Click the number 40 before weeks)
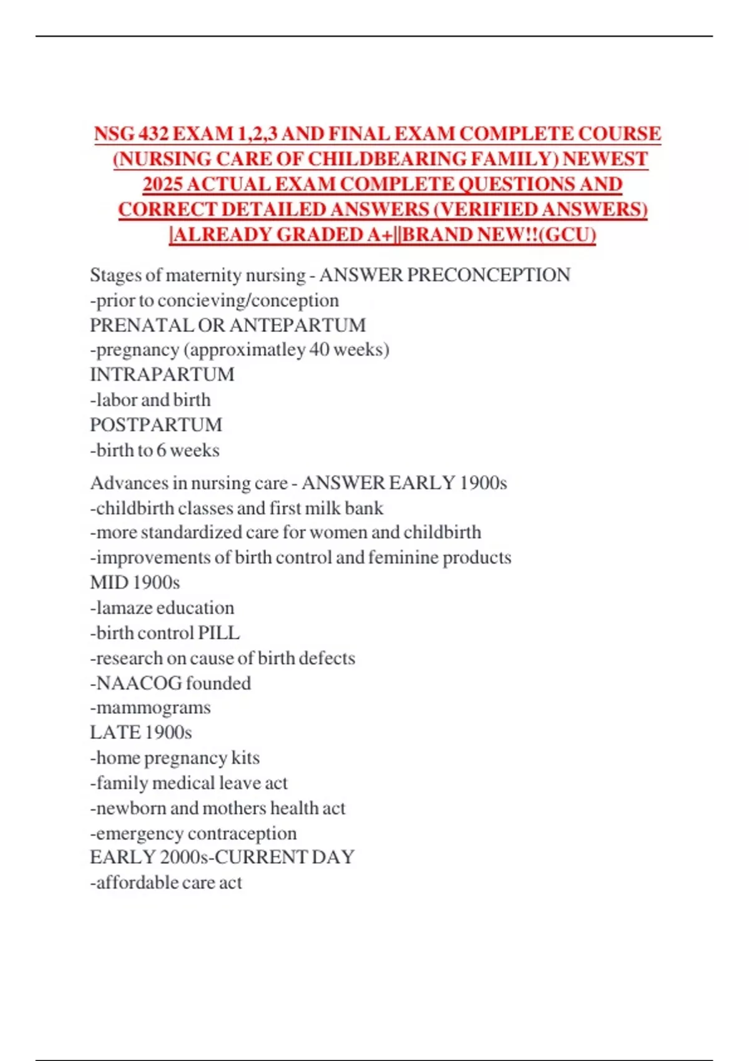tap(319, 350)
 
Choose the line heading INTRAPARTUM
tap(162, 374)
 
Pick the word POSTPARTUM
tap(156, 425)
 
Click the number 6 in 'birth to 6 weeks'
tap(161, 450)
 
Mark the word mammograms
tap(154, 708)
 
